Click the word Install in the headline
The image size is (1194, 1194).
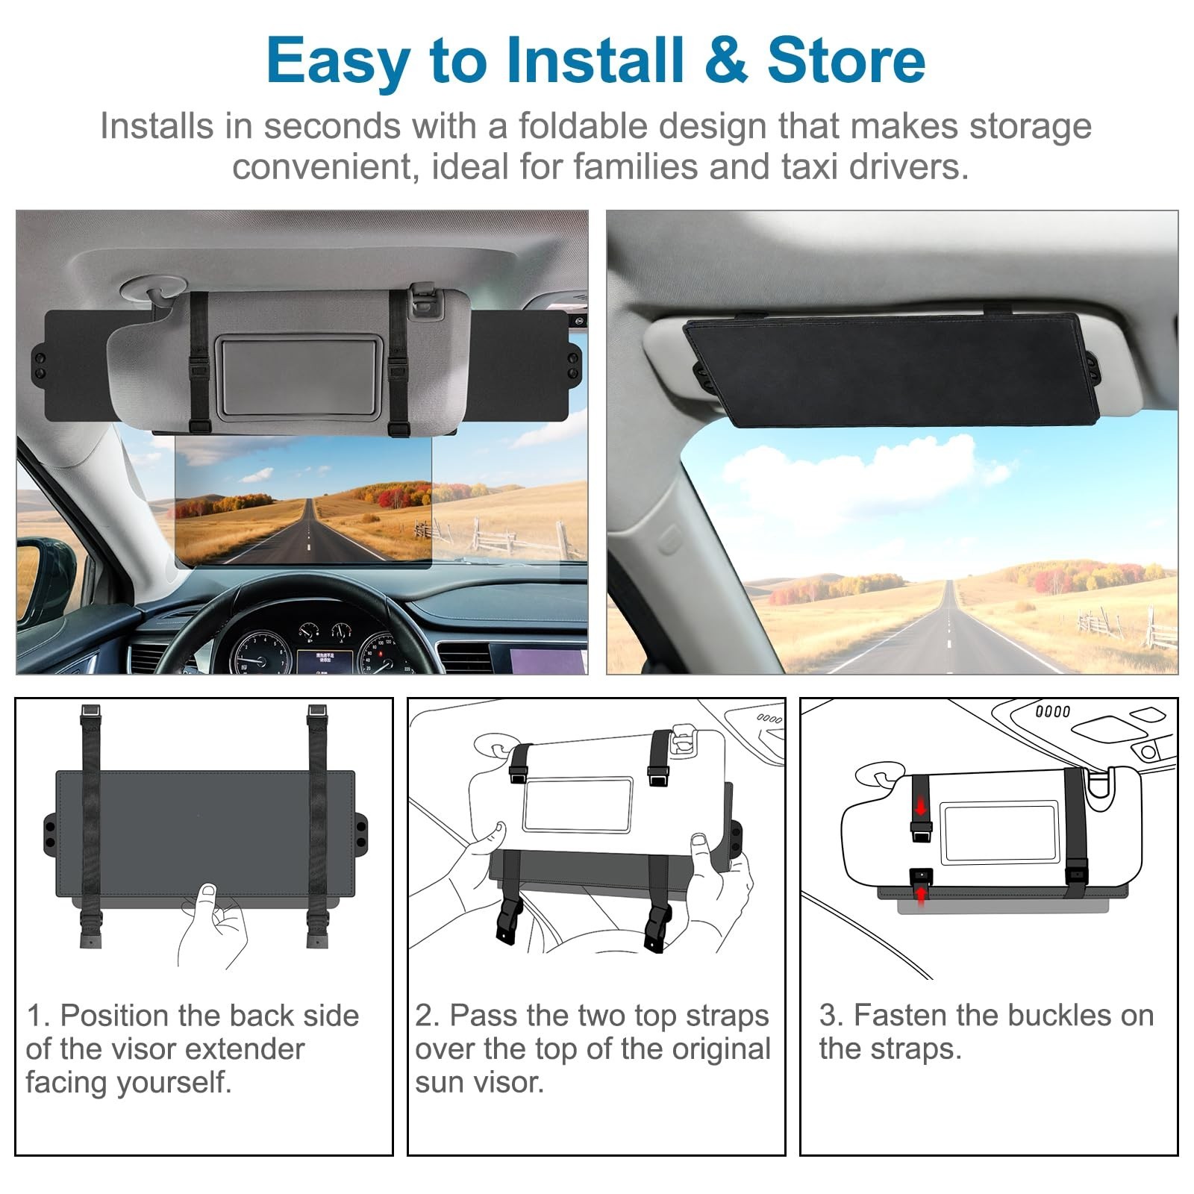[595, 60]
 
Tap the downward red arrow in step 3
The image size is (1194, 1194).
[922, 806]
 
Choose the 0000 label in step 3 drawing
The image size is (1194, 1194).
[1053, 711]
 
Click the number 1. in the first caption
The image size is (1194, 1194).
[39, 1016]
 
